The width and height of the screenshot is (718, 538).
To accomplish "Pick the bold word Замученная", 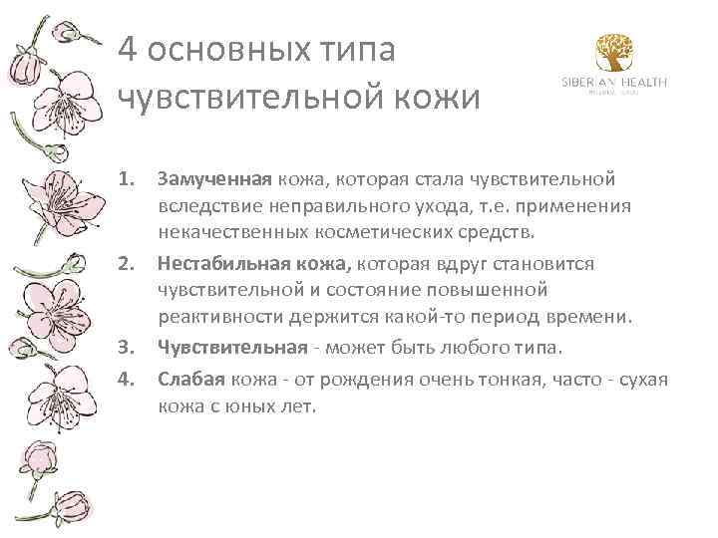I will tap(213, 179).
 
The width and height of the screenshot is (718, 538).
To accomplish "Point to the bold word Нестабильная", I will tap(219, 263).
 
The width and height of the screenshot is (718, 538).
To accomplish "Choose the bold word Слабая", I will tap(191, 380).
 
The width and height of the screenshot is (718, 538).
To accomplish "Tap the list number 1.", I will tap(126, 179).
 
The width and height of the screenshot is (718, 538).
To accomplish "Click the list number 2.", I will tap(126, 263).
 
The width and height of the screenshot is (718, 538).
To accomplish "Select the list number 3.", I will tap(126, 347).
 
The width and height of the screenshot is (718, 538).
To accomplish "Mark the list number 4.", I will tap(126, 380).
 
